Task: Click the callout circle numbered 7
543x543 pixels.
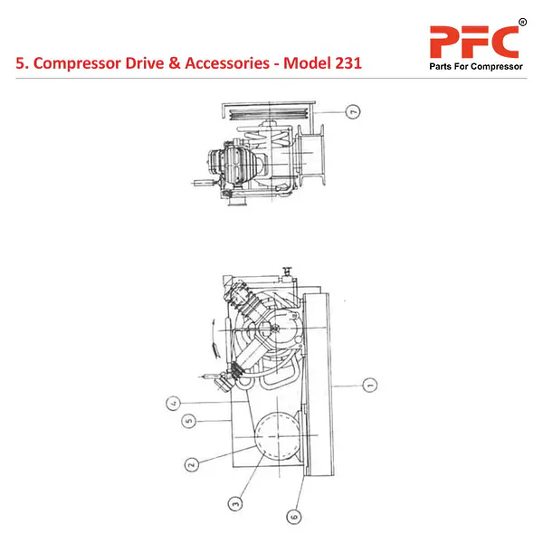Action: point(353,112)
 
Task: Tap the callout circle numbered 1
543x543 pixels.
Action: point(369,386)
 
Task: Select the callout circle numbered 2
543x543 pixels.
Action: point(191,465)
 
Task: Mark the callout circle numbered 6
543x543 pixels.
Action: point(293,517)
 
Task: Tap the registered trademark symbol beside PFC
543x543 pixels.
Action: point(522,22)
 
